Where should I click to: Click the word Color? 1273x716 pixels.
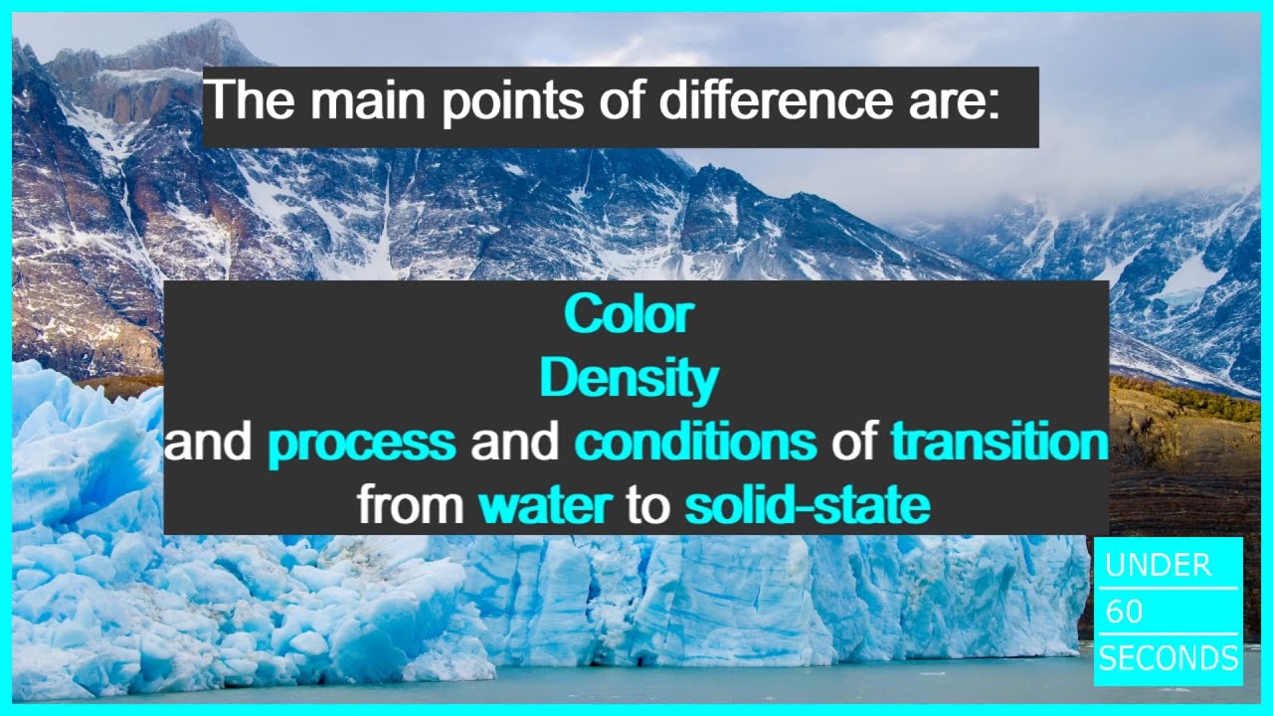pos(628,314)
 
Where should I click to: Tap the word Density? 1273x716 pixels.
pos(628,379)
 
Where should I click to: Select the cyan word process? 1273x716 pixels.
pos(362,443)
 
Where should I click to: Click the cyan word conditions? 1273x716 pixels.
pos(695,443)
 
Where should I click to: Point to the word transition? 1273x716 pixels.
pos(999,443)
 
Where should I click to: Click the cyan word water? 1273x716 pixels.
pos(544,506)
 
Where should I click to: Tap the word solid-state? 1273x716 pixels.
pos(807,506)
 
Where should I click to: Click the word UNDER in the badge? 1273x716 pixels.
pos(1158,566)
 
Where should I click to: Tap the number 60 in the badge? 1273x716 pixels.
pos(1124,612)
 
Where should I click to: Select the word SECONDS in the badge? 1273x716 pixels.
pos(1168,658)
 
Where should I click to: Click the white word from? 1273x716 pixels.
pos(410,506)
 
